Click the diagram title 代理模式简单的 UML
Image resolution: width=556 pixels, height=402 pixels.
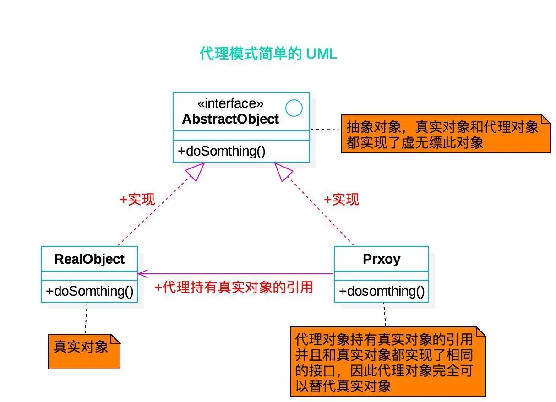pos(268,54)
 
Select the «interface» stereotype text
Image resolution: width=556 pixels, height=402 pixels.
pos(230,104)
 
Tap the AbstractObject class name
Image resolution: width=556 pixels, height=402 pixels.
pos(230,119)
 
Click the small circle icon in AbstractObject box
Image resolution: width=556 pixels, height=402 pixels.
pos(294,108)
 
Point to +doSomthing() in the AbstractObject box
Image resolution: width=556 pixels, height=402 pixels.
pos(222,151)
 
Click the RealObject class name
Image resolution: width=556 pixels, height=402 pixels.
pos(89,259)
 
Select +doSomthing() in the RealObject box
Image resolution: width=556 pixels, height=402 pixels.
pos(89,292)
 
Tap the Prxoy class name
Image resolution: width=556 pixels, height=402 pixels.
pos(381,259)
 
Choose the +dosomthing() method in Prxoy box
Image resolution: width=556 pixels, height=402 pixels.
pos(382,292)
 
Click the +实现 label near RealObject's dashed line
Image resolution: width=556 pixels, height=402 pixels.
pos(137,200)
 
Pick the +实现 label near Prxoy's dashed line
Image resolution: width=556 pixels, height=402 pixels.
pos(341,200)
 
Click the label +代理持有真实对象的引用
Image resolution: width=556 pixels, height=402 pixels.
pos(234,287)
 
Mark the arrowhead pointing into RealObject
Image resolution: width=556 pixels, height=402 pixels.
pos(142,274)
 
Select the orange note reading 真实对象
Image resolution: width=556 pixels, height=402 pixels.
pos(84,351)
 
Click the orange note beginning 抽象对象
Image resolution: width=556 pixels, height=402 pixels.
pos(445,133)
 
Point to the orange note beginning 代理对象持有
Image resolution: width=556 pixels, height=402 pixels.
pos(387,362)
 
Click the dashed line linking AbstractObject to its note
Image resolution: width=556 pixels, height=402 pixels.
pos(326,130)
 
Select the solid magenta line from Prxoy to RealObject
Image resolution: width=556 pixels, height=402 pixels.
pos(238,274)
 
